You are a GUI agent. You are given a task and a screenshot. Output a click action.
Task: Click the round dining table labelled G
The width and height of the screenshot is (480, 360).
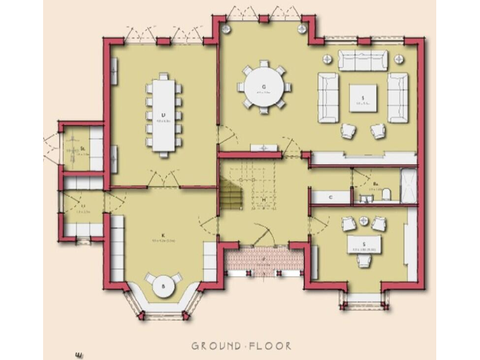(264, 88)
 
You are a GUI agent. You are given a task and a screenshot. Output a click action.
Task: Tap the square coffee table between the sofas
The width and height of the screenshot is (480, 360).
(362, 97)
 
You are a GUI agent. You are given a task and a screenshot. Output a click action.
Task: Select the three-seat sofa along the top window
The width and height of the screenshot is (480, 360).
(363, 61)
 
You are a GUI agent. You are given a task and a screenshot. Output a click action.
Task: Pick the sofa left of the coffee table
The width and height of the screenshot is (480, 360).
(328, 97)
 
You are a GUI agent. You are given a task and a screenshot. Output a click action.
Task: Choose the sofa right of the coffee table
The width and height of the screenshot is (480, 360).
(397, 97)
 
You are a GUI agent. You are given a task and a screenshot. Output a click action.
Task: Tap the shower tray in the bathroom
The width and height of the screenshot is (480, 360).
(408, 185)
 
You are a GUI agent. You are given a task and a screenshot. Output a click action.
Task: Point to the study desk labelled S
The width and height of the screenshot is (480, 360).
(364, 244)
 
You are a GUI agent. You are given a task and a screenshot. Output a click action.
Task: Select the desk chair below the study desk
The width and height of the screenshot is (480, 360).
(364, 261)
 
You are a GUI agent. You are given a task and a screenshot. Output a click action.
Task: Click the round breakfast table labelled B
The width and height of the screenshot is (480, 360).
(164, 286)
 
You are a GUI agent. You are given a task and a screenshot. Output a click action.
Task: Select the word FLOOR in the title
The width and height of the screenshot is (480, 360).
(271, 346)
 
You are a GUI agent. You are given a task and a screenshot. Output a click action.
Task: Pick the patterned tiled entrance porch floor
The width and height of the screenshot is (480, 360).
(265, 259)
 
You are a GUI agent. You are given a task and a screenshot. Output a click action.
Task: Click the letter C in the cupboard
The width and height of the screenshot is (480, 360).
(331, 197)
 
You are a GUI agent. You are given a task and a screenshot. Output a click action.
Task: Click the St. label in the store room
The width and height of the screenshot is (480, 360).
(82, 150)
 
